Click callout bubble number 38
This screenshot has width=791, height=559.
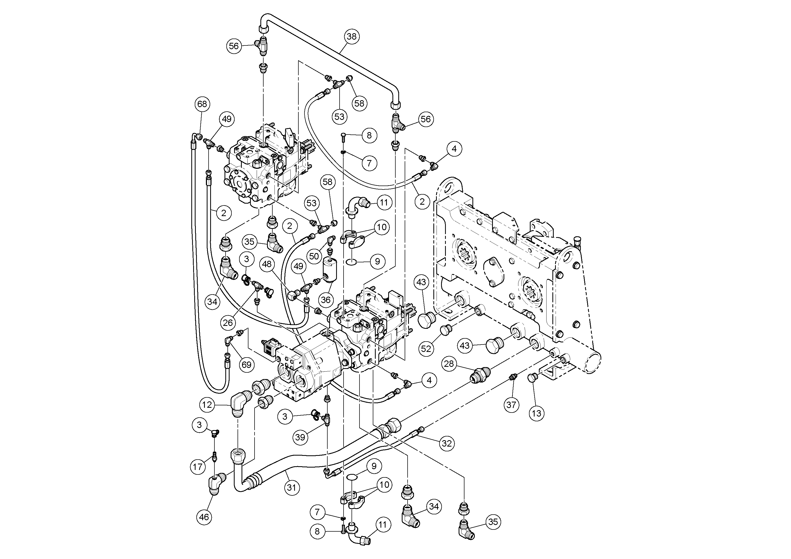(x=352, y=36)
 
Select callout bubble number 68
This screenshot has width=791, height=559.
(x=202, y=104)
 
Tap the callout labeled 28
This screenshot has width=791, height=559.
(x=449, y=364)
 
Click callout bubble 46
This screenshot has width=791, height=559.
(x=204, y=517)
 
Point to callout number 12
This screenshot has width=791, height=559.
(x=207, y=405)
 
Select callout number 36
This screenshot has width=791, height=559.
(x=325, y=300)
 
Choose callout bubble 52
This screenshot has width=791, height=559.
(x=426, y=349)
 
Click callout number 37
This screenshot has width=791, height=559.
(x=511, y=404)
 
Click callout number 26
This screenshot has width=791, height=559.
(x=228, y=323)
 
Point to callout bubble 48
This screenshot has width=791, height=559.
(x=267, y=264)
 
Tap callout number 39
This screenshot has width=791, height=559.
(x=301, y=437)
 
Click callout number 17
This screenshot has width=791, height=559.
(x=198, y=467)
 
